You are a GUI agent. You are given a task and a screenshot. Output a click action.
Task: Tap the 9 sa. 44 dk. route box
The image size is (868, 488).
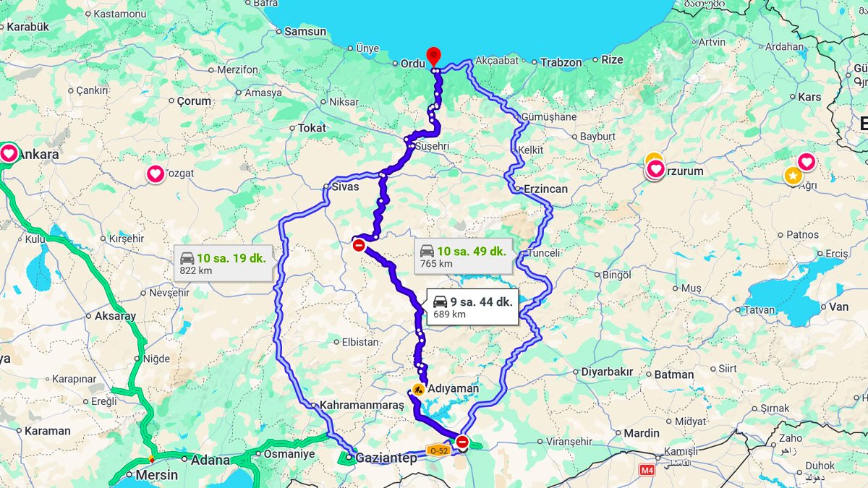pyautogui.click(x=472, y=307)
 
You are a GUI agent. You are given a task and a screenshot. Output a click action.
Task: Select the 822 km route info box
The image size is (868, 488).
pyautogui.click(x=223, y=263)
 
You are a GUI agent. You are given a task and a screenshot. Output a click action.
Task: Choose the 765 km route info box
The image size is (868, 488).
pyautogui.click(x=463, y=257)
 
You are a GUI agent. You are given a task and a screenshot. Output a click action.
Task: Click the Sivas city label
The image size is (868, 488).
pyautogui.click(x=345, y=187)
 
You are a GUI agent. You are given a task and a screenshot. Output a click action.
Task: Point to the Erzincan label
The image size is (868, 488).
pyautogui.click(x=545, y=189)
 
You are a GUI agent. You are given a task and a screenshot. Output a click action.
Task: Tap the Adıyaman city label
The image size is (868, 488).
pyautogui.click(x=454, y=388)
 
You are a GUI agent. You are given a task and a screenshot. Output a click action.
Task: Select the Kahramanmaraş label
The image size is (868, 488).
pyautogui.click(x=362, y=405)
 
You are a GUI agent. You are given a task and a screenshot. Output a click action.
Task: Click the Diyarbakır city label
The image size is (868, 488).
pyautogui.click(x=607, y=372)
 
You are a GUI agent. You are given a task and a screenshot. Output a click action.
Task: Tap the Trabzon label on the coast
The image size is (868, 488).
pyautogui.click(x=561, y=62)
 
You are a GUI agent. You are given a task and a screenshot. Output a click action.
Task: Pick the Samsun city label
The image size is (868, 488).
pyautogui.click(x=305, y=31)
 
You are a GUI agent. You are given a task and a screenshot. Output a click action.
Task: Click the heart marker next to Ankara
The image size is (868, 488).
pyautogui.click(x=9, y=153)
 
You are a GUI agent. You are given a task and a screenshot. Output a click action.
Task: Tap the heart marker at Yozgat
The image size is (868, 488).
pyautogui.click(x=156, y=174)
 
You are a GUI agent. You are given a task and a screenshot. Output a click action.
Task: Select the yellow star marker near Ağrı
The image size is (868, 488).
pyautogui.click(x=793, y=175)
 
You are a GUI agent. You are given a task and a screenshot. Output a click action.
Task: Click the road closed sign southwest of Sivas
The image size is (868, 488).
pyautogui.click(x=359, y=245)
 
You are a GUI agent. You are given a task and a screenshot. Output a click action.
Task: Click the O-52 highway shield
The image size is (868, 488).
pyautogui.click(x=439, y=449)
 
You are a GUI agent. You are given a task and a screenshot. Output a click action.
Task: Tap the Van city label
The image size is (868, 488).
pyautogui.click(x=838, y=307)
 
